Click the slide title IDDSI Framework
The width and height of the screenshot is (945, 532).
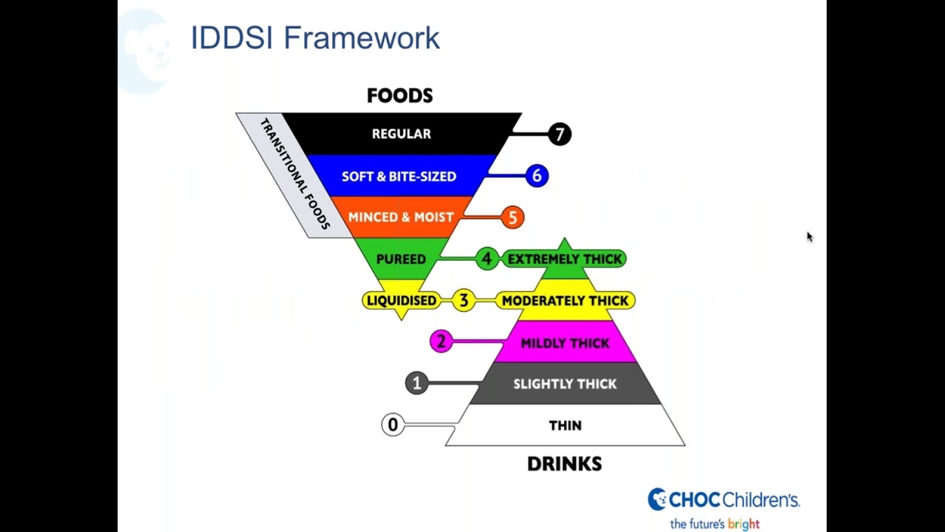315,38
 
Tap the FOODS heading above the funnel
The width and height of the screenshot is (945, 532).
399,95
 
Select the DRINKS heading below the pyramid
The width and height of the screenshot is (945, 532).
564,463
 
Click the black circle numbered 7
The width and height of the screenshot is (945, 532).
560,134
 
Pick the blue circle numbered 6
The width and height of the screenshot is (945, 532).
537,176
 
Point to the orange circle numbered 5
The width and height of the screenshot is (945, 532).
512,217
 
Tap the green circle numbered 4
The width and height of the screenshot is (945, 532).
487,259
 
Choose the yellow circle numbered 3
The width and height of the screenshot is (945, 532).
464,300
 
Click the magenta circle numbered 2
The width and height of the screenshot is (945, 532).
441,341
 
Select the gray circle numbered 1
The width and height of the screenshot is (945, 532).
416,383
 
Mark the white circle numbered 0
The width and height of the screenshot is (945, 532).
393,425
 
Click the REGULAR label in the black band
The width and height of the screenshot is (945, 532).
401,134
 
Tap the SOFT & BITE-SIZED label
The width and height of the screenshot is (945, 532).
399,177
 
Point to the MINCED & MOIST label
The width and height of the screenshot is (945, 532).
400,217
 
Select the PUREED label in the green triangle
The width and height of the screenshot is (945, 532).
401,259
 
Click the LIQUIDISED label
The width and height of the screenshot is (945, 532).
402,301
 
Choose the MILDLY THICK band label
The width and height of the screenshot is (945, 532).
565,343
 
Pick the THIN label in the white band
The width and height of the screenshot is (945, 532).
565,426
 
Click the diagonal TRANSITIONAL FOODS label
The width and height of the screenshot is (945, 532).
295,174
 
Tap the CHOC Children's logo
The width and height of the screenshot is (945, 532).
724,500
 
